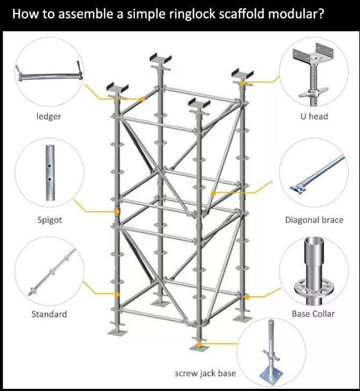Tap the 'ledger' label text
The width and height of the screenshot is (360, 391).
[48, 116]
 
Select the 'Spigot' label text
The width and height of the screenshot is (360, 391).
[49, 220]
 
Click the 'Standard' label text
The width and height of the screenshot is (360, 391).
[49, 314]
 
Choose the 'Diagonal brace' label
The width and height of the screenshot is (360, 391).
[314, 220]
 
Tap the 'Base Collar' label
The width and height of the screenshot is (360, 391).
[313, 314]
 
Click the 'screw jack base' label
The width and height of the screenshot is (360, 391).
[205, 373]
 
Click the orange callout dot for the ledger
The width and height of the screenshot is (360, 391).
[142, 99]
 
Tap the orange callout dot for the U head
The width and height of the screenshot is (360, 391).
[243, 83]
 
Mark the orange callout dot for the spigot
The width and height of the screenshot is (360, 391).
[116, 212]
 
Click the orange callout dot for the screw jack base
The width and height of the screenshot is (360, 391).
[199, 344]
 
